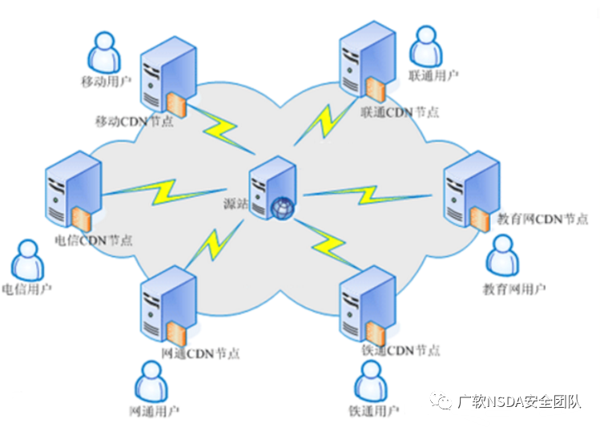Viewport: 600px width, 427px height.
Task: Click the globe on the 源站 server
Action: (283, 208)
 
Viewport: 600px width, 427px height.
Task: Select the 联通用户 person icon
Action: (426, 46)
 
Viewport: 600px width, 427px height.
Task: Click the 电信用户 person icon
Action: (27, 260)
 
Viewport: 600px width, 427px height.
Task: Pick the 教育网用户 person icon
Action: (502, 255)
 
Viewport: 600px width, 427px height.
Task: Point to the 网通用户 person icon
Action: (151, 381)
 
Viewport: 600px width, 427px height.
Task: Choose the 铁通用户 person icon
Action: (371, 381)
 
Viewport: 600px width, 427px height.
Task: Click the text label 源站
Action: (236, 203)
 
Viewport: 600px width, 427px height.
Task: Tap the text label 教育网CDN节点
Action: (542, 220)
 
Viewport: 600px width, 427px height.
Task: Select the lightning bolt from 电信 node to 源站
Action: (164, 191)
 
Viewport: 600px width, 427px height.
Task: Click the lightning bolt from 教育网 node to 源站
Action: (368, 195)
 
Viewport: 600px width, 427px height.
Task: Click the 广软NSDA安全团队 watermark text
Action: (519, 401)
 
